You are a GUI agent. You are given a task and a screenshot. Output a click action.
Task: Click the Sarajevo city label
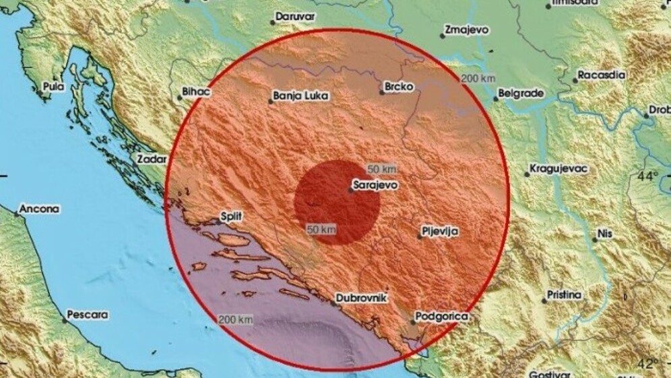[x=376, y=183]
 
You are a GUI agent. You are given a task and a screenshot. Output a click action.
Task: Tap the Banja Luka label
[x=302, y=96]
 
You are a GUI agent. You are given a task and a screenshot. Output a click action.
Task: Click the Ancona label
[x=39, y=209]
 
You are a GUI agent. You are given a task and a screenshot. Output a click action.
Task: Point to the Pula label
[x=53, y=86]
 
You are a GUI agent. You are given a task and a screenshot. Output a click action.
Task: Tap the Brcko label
[x=397, y=86]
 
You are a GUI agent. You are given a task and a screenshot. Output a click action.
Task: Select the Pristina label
[x=565, y=294]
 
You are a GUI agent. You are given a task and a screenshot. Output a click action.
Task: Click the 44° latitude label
[x=648, y=177]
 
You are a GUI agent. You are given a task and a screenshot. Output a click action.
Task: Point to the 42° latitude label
[x=648, y=364]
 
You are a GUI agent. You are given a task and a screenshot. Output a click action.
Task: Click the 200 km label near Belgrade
[x=478, y=79]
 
